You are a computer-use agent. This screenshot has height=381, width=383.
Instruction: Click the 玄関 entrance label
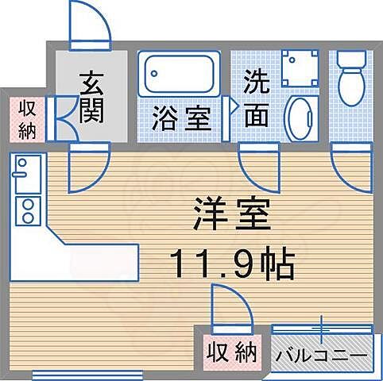92,98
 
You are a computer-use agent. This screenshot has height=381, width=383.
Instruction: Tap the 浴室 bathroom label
182,121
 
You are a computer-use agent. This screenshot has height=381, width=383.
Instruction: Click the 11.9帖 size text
230,261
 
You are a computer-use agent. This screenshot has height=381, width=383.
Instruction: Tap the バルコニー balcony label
322,354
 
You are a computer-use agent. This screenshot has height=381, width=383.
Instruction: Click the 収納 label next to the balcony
233,351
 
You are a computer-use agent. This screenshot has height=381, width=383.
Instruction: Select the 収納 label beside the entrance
26,120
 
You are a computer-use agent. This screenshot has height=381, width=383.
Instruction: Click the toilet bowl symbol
350,76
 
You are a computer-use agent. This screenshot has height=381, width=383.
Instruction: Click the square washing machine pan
301,69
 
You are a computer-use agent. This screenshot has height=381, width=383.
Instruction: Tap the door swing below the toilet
349,168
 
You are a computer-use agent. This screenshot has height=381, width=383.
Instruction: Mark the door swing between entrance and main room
87,168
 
